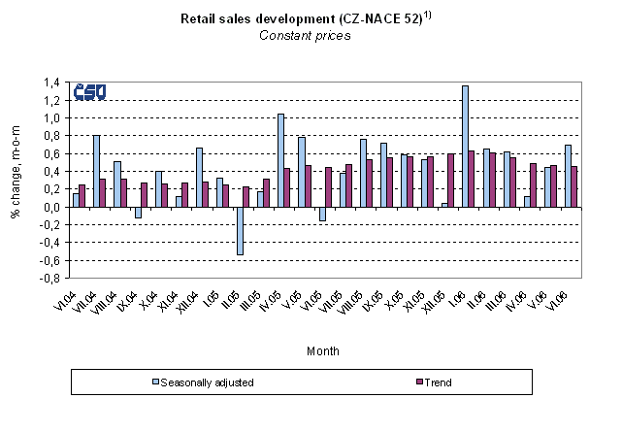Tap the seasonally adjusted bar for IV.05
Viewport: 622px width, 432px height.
point(280,160)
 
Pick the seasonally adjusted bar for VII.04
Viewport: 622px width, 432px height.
point(96,171)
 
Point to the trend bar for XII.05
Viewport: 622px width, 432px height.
point(451,181)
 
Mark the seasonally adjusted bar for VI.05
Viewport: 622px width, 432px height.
point(321,215)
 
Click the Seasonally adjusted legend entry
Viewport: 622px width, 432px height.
point(207,382)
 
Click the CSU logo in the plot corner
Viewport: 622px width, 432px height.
point(89,93)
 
